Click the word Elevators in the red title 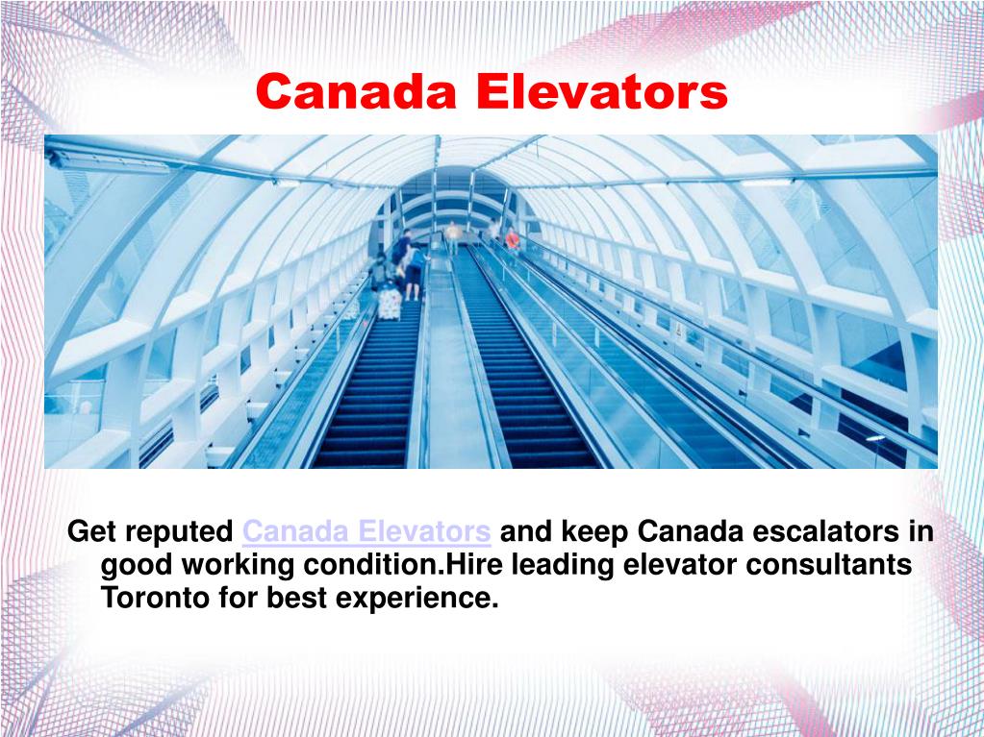coord(602,93)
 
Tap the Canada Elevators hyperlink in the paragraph coord(367,531)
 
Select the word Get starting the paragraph coord(90,531)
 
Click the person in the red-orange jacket coord(512,238)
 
